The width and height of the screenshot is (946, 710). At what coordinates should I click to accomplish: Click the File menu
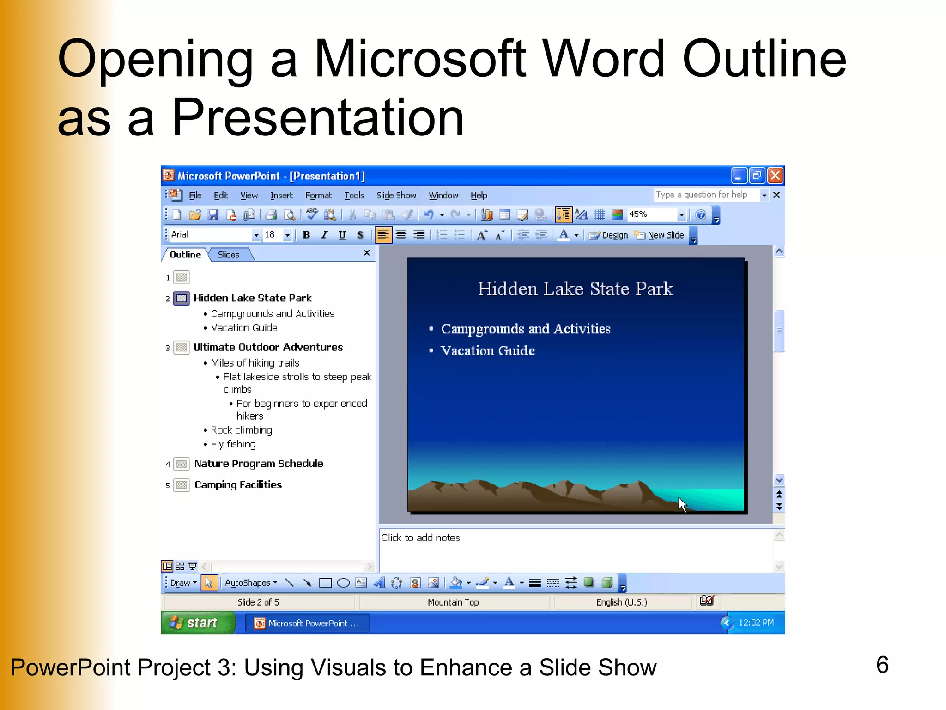[x=195, y=196]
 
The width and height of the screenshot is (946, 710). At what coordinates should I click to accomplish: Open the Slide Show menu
[x=396, y=196]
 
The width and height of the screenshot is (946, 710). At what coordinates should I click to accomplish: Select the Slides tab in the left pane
[x=229, y=255]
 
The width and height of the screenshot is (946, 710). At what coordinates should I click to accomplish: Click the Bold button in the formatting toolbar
[x=306, y=235]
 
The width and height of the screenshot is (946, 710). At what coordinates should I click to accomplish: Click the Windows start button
[x=196, y=623]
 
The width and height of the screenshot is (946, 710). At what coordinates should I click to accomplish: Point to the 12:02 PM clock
[x=756, y=623]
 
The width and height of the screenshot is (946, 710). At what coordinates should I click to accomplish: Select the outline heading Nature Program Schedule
[x=259, y=464]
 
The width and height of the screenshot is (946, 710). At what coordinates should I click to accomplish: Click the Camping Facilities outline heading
[x=238, y=484]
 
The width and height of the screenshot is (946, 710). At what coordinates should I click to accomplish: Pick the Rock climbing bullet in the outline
[x=241, y=430]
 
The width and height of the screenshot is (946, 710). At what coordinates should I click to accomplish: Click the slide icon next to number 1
[x=182, y=277]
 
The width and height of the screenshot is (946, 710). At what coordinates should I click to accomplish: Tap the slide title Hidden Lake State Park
[x=576, y=289]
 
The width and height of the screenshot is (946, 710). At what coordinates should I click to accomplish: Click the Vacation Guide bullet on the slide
[x=488, y=351]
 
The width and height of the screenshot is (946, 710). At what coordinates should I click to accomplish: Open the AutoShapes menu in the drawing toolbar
[x=251, y=583]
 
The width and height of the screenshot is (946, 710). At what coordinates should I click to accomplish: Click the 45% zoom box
[x=651, y=214]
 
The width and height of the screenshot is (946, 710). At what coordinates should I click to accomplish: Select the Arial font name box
[x=210, y=235]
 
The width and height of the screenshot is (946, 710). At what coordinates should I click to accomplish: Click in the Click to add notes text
[x=420, y=538]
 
